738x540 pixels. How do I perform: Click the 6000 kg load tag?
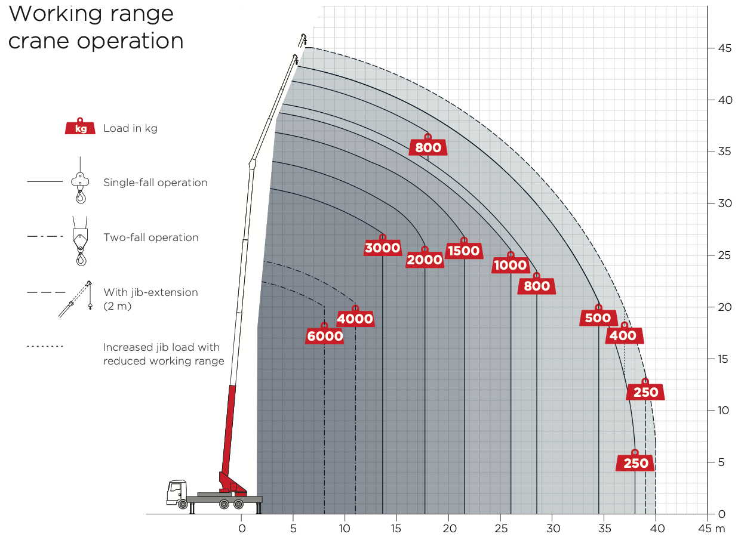[325, 336]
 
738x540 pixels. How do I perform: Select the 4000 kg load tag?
[355, 319]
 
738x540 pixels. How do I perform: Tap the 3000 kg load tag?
[382, 248]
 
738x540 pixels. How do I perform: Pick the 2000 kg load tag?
[425, 260]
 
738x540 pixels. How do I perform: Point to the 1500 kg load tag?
[464, 251]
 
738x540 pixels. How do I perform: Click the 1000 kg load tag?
[511, 265]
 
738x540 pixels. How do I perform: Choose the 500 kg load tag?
[598, 318]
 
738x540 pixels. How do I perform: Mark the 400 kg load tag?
[624, 335]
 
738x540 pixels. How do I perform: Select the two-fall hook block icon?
[79, 239]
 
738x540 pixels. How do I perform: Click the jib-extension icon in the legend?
[76, 299]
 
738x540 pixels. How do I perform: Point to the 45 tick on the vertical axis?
[725, 48]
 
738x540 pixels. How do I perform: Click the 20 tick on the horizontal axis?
[448, 528]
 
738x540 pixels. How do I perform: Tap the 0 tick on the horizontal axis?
[241, 528]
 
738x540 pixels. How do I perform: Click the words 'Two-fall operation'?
[150, 237]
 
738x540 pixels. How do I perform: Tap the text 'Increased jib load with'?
[161, 347]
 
